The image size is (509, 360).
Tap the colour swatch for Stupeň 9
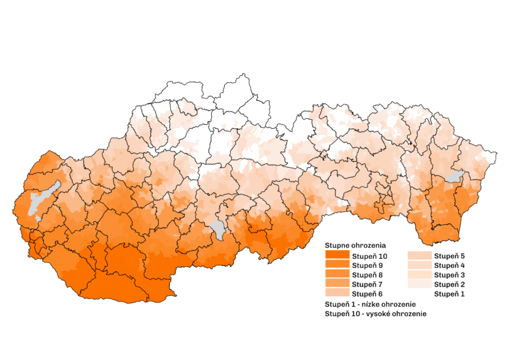337,266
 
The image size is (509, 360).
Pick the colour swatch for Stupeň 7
337,285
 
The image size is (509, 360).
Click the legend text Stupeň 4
449,266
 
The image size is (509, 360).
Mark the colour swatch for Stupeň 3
419,275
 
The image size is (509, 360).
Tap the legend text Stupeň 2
449,285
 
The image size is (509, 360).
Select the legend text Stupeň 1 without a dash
449,294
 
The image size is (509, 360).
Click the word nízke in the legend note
369,304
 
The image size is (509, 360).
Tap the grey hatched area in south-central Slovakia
219,230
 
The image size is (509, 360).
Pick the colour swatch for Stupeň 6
337,294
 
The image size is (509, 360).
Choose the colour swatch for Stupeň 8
337,275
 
